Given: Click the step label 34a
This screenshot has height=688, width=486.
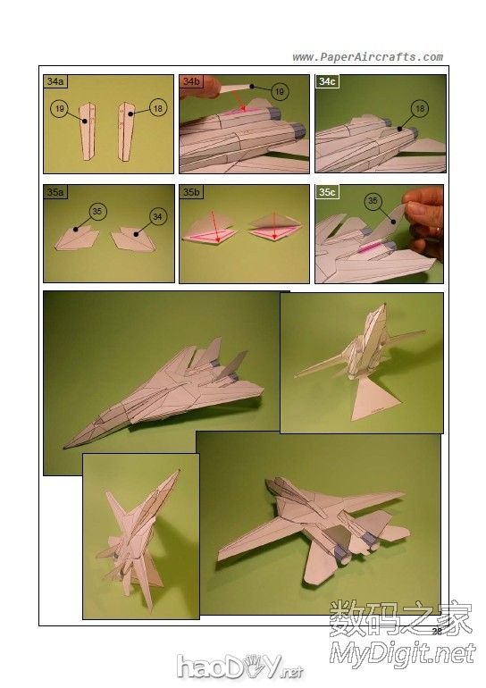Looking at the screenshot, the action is pyautogui.click(x=55, y=81).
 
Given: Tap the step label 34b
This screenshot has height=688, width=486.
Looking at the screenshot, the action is pyautogui.click(x=191, y=81).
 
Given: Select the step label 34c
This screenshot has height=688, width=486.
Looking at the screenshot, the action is pyautogui.click(x=327, y=81).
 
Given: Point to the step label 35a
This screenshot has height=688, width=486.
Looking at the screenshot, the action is pyautogui.click(x=55, y=192).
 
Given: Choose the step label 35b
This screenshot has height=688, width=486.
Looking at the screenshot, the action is pyautogui.click(x=191, y=192).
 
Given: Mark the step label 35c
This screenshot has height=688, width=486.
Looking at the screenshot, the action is pyautogui.click(x=327, y=192).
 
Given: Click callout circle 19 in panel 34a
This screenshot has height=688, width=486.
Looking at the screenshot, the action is pyautogui.click(x=60, y=108).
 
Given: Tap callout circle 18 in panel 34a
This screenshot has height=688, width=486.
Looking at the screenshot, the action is pyautogui.click(x=158, y=108).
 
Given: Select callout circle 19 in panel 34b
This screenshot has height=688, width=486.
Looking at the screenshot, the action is pyautogui.click(x=280, y=92).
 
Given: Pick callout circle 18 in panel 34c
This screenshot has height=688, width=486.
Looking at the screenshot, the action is pyautogui.click(x=420, y=108).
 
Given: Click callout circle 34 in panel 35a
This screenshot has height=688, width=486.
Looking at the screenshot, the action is pyautogui.click(x=157, y=216).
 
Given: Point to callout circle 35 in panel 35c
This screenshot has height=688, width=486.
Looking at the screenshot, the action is pyautogui.click(x=373, y=201).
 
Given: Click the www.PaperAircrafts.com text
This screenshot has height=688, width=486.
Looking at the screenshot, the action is pyautogui.click(x=367, y=57).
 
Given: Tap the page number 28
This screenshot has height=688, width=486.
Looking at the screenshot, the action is pyautogui.click(x=437, y=631).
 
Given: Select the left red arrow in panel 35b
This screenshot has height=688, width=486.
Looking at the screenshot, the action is pyautogui.click(x=215, y=226).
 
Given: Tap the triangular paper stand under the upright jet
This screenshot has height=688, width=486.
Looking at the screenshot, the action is pyautogui.click(x=376, y=398).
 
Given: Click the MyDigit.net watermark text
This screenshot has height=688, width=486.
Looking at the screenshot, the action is pyautogui.click(x=403, y=654).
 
